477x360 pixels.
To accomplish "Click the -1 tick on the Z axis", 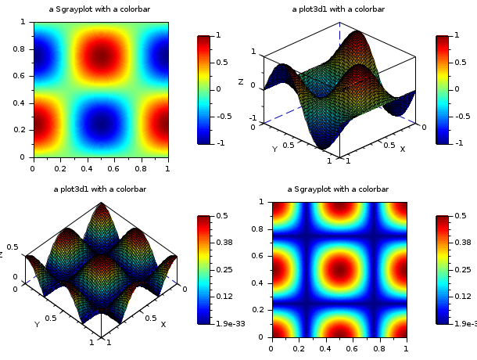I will pyautogui.click(x=253, y=117).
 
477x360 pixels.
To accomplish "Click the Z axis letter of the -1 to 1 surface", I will pyautogui.click(x=241, y=81).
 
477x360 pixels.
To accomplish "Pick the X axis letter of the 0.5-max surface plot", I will pyautogui.click(x=163, y=323).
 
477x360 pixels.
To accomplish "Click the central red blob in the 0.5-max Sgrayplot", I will pyautogui.click(x=339, y=268).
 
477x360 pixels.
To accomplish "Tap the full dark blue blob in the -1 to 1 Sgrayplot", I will pyautogui.click(x=100, y=123).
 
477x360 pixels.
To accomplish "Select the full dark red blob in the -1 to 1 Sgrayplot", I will pyautogui.click(x=100, y=56).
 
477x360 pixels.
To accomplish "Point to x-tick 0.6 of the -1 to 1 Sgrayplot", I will pyautogui.click(x=113, y=168).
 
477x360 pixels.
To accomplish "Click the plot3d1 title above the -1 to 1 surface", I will pyautogui.click(x=339, y=9).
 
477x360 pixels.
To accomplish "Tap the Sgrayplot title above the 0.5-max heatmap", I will pyautogui.click(x=338, y=189).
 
